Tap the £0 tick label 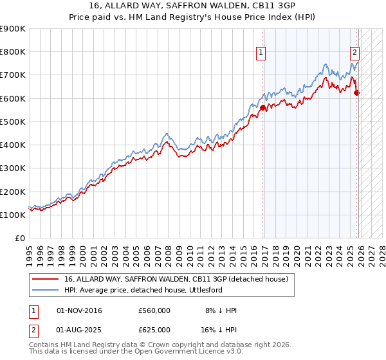click(20, 239)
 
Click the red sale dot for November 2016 click(262, 107)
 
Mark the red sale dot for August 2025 click(357, 93)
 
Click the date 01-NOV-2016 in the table click(79, 310)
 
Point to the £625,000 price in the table click(154, 330)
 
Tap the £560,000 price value click(154, 310)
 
